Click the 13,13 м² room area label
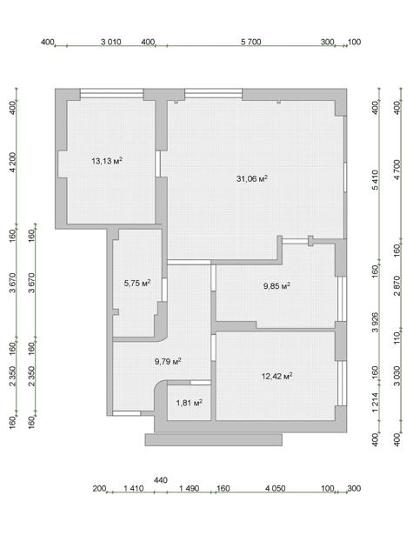[107, 161]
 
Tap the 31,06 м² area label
[252, 178]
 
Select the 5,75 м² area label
[137, 283]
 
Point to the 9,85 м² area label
[276, 285]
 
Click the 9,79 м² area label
[168, 361]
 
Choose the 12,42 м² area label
[276, 376]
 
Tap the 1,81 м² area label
[190, 403]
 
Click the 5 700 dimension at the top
[251, 42]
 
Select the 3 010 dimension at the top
[111, 42]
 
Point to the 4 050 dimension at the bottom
[276, 488]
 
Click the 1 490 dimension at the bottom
[190, 488]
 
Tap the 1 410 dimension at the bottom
[134, 488]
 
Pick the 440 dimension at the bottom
[161, 480]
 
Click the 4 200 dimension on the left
[13, 163]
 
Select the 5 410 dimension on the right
[375, 180]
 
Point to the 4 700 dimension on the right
[397, 170]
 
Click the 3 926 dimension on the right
[375, 322]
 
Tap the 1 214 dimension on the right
[375, 402]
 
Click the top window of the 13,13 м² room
[111, 93]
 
